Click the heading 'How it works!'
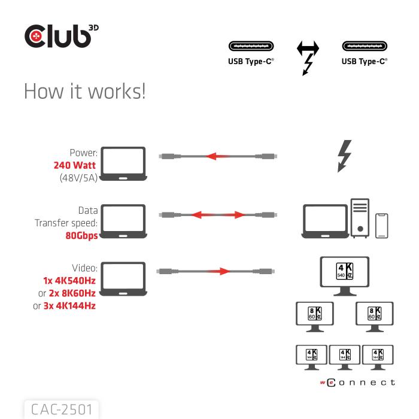pyautogui.click(x=84, y=92)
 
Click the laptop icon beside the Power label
pyautogui.click(x=123, y=162)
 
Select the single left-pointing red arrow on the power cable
pyautogui.click(x=218, y=156)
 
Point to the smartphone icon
pyautogui.click(x=382, y=226)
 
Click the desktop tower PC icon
pyautogui.click(x=360, y=218)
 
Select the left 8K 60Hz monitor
pyautogui.click(x=315, y=316)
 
